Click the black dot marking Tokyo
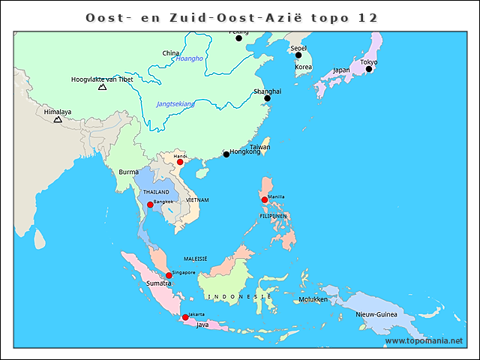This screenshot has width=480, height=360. (x=368, y=69)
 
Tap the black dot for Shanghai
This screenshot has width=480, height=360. (x=267, y=98)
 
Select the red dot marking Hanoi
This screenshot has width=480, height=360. (x=180, y=161)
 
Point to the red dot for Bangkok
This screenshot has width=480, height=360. (x=150, y=205)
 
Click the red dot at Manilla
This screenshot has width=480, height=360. (x=264, y=199)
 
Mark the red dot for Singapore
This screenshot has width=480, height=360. (x=169, y=275)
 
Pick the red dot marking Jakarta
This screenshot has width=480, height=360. (x=185, y=317)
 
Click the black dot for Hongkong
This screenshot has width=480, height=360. (x=226, y=154)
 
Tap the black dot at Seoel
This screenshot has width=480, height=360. (x=298, y=55)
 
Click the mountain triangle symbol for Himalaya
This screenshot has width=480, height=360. (x=58, y=119)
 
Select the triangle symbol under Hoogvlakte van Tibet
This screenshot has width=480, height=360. (x=102, y=88)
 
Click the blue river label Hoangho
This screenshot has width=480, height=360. (x=189, y=58)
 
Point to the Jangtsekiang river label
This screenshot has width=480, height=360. (x=175, y=104)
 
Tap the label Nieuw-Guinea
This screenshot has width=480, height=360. (x=376, y=314)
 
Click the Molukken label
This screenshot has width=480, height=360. (x=313, y=299)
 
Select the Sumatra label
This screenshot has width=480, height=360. (x=159, y=284)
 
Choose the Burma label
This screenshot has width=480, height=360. (x=128, y=172)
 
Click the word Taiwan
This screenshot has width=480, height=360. (x=259, y=147)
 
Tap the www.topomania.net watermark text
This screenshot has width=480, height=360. (x=424, y=341)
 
